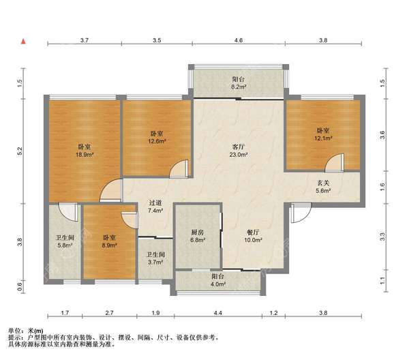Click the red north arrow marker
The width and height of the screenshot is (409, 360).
(x=23, y=41)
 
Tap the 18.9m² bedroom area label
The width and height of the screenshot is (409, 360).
(x=85, y=151)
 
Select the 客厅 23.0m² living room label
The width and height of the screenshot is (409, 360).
(x=239, y=151)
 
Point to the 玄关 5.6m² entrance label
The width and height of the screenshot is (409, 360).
(x=323, y=187)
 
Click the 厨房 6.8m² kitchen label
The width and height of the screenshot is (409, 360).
(x=198, y=236)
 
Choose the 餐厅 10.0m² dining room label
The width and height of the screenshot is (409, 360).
(x=253, y=236)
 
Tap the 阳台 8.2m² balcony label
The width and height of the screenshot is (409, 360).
(x=239, y=83)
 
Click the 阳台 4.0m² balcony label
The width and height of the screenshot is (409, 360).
(x=218, y=280)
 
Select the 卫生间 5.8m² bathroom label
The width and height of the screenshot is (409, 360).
(x=65, y=241)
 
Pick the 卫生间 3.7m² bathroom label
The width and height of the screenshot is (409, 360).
(x=155, y=258)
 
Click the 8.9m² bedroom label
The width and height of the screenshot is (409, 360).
(x=109, y=241)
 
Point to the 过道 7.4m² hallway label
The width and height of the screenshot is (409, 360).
(x=155, y=207)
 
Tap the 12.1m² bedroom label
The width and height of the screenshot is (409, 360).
(x=323, y=134)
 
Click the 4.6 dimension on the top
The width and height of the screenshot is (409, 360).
(x=239, y=40)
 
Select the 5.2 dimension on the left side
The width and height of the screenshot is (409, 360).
(x=20, y=151)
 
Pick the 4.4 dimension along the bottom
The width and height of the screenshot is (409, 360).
(x=218, y=312)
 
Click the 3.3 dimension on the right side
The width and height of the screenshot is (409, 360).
(x=382, y=237)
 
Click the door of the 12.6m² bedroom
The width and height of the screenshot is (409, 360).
(x=179, y=169)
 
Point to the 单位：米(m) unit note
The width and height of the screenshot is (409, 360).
(x=26, y=331)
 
